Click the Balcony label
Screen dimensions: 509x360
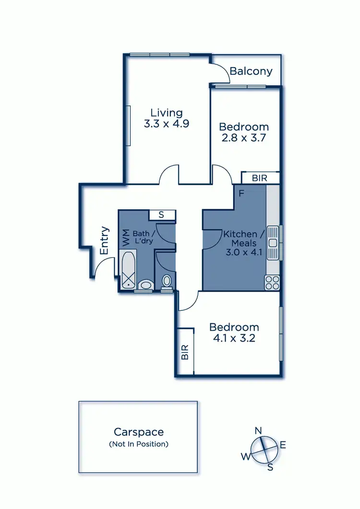251,71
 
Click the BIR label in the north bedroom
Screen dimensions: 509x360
260,178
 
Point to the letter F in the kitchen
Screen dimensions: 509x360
242,194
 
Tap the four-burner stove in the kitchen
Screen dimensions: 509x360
272,283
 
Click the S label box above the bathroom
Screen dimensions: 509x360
161,215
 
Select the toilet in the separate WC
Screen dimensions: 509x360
166,281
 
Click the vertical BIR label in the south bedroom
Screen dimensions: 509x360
185,352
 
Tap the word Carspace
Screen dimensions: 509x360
139,432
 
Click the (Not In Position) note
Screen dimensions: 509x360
139,444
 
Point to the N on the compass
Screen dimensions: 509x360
258,430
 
